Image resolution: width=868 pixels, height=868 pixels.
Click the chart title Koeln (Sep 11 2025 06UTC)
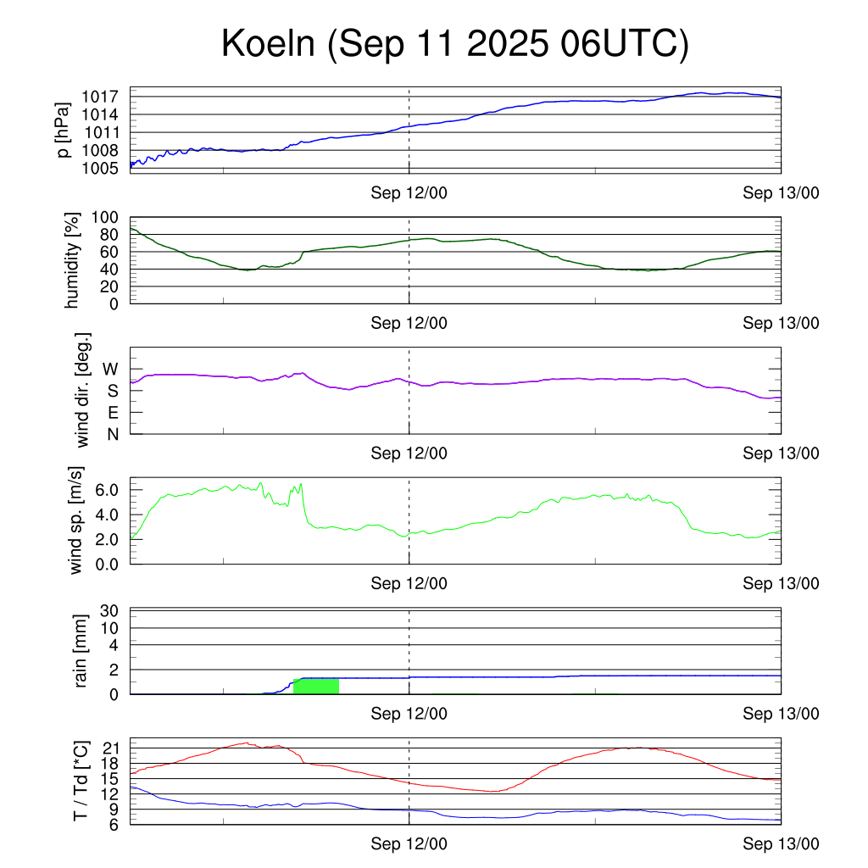point(454,44)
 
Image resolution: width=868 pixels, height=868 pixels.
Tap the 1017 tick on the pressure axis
point(101,97)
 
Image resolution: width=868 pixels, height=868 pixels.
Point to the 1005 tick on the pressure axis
point(101,168)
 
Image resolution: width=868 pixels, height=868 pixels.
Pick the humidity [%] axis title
point(75,260)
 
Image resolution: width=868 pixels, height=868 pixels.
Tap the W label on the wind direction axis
point(110,369)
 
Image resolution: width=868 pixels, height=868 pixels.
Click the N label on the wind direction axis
point(112,434)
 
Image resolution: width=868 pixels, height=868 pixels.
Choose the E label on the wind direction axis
point(112,413)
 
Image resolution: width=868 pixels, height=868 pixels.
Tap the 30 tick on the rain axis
point(109,611)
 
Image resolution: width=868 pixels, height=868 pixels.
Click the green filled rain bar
point(316,686)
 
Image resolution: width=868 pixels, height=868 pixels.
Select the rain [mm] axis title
point(81,651)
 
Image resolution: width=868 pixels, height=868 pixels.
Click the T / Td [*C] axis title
point(81,781)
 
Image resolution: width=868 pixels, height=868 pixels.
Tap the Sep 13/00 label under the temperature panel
point(781,844)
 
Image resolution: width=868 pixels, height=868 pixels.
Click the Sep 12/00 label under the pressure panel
point(409,193)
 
